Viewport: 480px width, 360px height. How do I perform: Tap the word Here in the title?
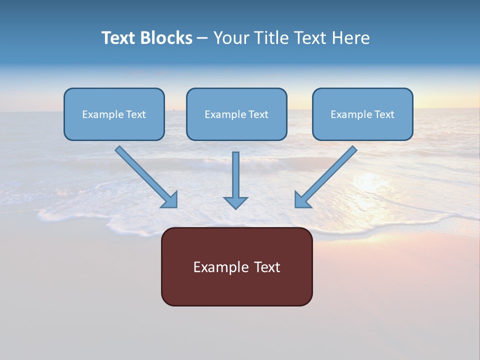coord(349,38)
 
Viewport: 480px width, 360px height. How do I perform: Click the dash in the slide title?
coord(202,38)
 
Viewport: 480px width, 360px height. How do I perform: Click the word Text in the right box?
coord(384,114)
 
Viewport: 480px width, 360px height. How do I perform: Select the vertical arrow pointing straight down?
coord(235,175)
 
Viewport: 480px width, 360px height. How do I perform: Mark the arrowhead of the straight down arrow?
coord(235,202)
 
